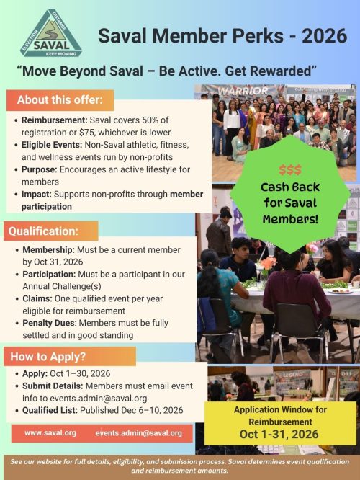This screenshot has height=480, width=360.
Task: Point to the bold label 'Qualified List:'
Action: (x=53, y=409)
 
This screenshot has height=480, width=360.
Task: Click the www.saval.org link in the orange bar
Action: (x=50, y=433)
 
